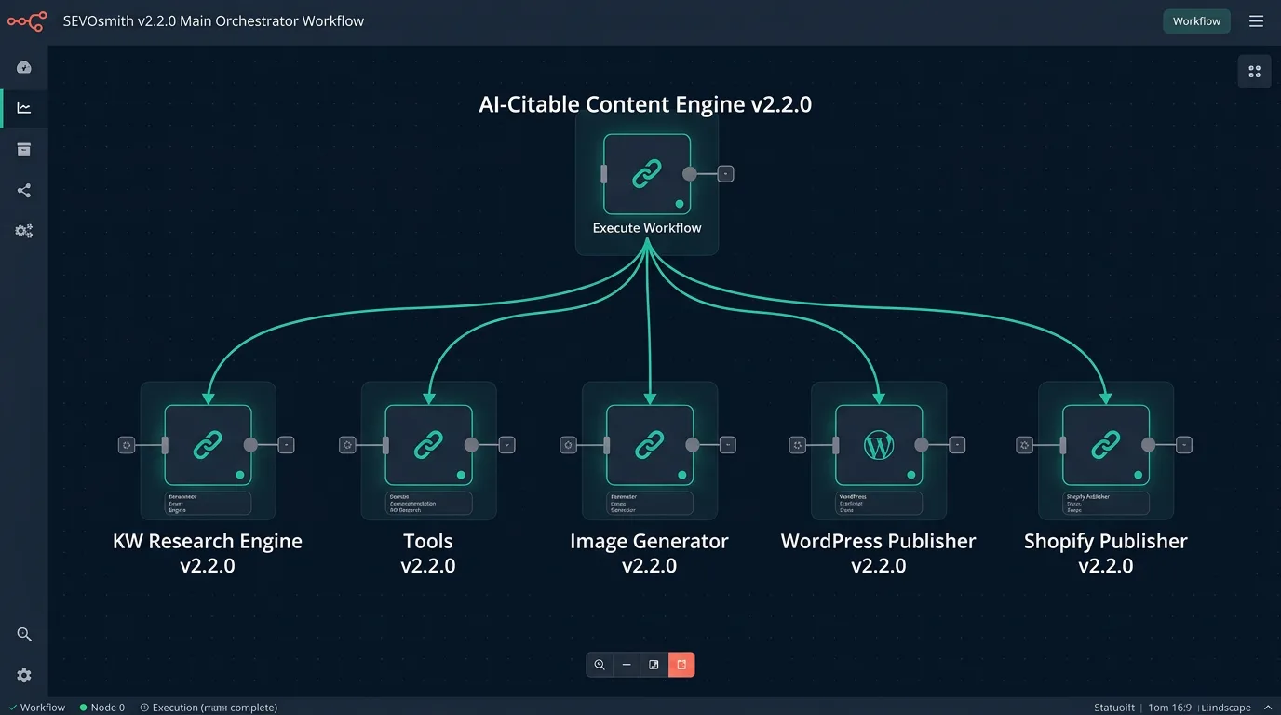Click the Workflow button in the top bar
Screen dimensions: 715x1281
click(x=1196, y=21)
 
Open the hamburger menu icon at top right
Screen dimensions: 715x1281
click(x=1256, y=21)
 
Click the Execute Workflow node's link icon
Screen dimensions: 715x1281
click(x=647, y=174)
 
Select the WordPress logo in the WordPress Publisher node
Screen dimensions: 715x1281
click(x=879, y=445)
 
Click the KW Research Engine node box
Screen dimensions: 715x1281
click(x=208, y=445)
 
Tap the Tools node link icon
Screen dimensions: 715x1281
click(x=428, y=445)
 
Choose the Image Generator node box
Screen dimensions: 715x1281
click(x=649, y=445)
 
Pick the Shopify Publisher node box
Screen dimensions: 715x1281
click(x=1105, y=445)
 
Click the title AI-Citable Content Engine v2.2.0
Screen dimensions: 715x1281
click(x=645, y=104)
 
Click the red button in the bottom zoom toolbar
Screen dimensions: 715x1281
click(x=681, y=665)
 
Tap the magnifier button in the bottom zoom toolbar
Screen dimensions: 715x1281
click(x=600, y=665)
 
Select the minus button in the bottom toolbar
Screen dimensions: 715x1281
click(x=627, y=665)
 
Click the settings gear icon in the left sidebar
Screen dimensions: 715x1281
click(x=24, y=676)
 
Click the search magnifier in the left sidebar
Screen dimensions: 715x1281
click(x=24, y=635)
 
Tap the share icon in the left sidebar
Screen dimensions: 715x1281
click(x=24, y=191)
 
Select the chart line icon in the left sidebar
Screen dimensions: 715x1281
click(x=24, y=108)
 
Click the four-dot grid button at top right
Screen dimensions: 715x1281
click(x=1254, y=72)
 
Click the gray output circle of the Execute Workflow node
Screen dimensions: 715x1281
click(x=690, y=174)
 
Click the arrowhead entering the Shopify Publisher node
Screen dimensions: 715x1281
click(x=1106, y=398)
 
